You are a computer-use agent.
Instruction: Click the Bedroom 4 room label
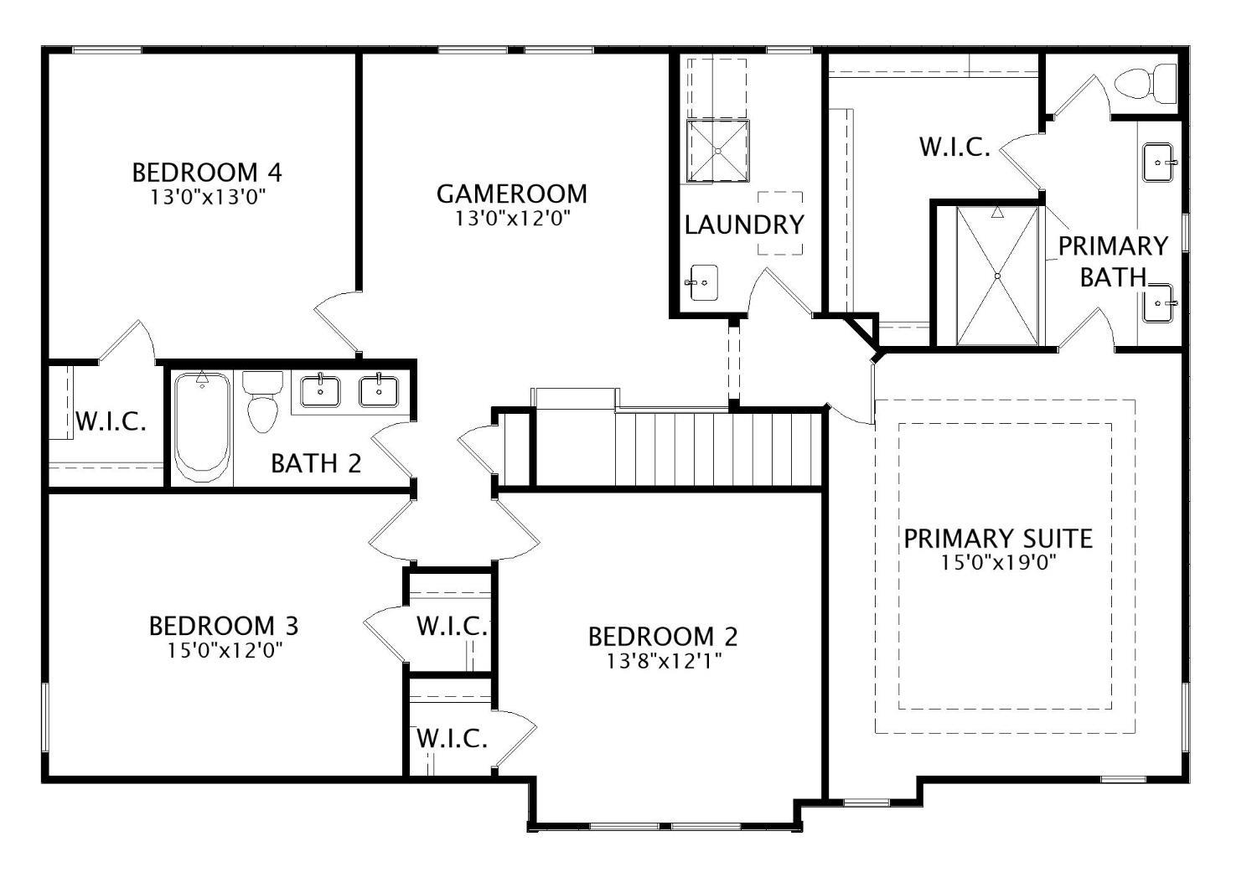pyautogui.click(x=207, y=173)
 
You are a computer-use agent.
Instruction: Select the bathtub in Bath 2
pyautogui.click(x=202, y=427)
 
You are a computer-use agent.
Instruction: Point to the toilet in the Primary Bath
pyautogui.click(x=1143, y=84)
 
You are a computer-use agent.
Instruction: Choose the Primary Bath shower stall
pyautogui.click(x=997, y=276)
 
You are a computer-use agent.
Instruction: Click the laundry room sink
pyautogui.click(x=702, y=283)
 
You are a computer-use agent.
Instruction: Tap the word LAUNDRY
pyautogui.click(x=744, y=225)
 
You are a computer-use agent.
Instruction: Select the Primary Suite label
pyautogui.click(x=997, y=539)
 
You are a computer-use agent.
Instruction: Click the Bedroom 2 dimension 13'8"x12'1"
pyautogui.click(x=664, y=661)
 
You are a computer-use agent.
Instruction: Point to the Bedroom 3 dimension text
pyautogui.click(x=224, y=650)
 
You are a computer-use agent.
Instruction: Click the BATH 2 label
pyautogui.click(x=316, y=463)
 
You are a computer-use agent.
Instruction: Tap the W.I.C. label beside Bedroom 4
pyautogui.click(x=111, y=421)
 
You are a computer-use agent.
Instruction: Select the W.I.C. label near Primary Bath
pyautogui.click(x=954, y=147)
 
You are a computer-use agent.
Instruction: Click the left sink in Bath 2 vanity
pyautogui.click(x=320, y=391)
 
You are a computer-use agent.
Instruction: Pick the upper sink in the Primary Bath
pyautogui.click(x=1160, y=162)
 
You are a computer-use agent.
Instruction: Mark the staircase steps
pyautogui.click(x=721, y=448)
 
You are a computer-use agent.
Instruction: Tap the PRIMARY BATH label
pyautogui.click(x=1112, y=261)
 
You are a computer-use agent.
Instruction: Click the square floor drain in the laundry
pyautogui.click(x=717, y=151)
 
